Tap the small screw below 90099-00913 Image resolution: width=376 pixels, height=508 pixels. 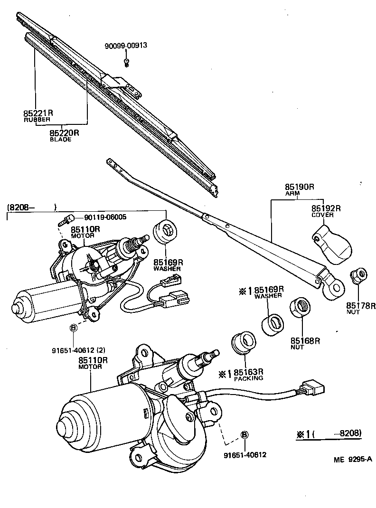[x=127, y=62]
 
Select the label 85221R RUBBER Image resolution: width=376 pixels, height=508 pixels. [x=38, y=116]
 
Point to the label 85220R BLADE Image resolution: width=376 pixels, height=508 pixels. [x=64, y=136]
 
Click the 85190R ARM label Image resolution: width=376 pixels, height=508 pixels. [x=300, y=189]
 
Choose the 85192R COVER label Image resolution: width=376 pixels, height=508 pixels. [x=326, y=211]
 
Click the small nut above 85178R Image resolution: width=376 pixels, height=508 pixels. [x=357, y=275]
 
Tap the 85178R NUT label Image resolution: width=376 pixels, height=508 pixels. [x=360, y=309]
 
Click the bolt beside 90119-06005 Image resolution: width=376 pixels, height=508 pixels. [x=66, y=219]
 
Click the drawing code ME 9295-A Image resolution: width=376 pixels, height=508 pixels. [x=353, y=459]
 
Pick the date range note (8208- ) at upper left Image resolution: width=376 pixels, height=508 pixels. [x=31, y=207]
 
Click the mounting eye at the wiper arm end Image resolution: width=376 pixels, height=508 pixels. [x=333, y=286]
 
